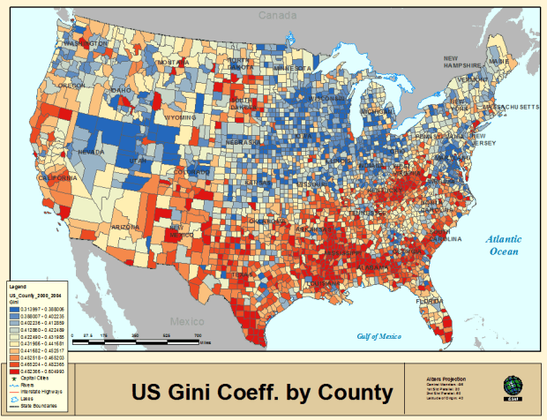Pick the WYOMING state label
[179, 116]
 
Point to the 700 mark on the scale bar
[198, 336]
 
